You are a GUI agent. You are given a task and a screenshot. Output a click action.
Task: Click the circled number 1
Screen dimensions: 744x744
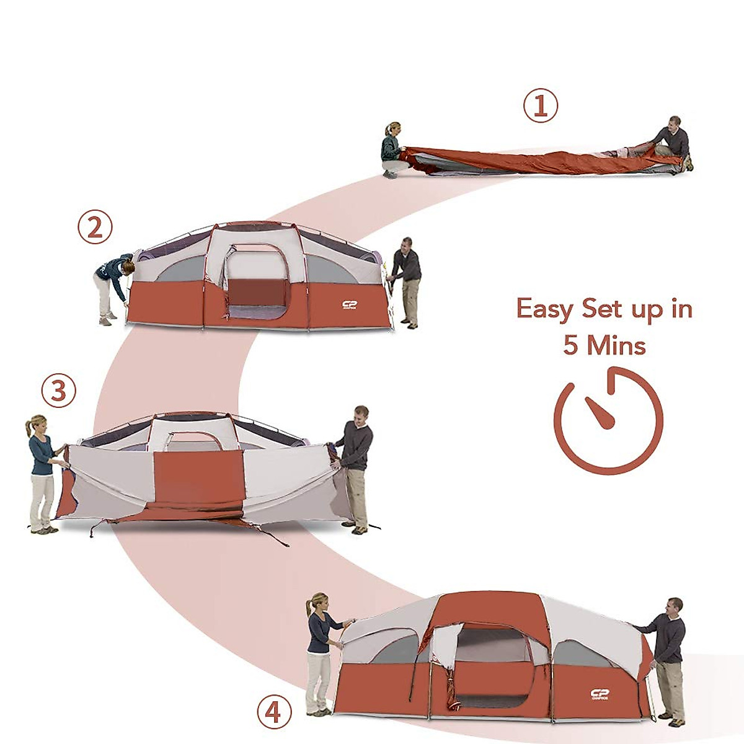click(541, 106)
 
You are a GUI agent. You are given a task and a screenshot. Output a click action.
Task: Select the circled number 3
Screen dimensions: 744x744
click(58, 391)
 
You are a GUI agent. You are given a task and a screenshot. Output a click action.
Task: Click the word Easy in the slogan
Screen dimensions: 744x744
click(546, 309)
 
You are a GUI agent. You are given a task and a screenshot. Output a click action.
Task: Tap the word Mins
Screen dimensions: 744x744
click(616, 345)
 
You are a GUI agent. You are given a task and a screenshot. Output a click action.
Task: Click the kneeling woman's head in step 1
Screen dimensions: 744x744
click(392, 129)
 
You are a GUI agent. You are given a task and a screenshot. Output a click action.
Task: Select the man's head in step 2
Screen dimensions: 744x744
click(407, 244)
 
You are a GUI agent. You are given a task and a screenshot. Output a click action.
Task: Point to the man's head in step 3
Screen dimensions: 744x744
click(361, 414)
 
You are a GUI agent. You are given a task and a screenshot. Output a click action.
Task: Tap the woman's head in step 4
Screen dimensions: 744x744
click(319, 602)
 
